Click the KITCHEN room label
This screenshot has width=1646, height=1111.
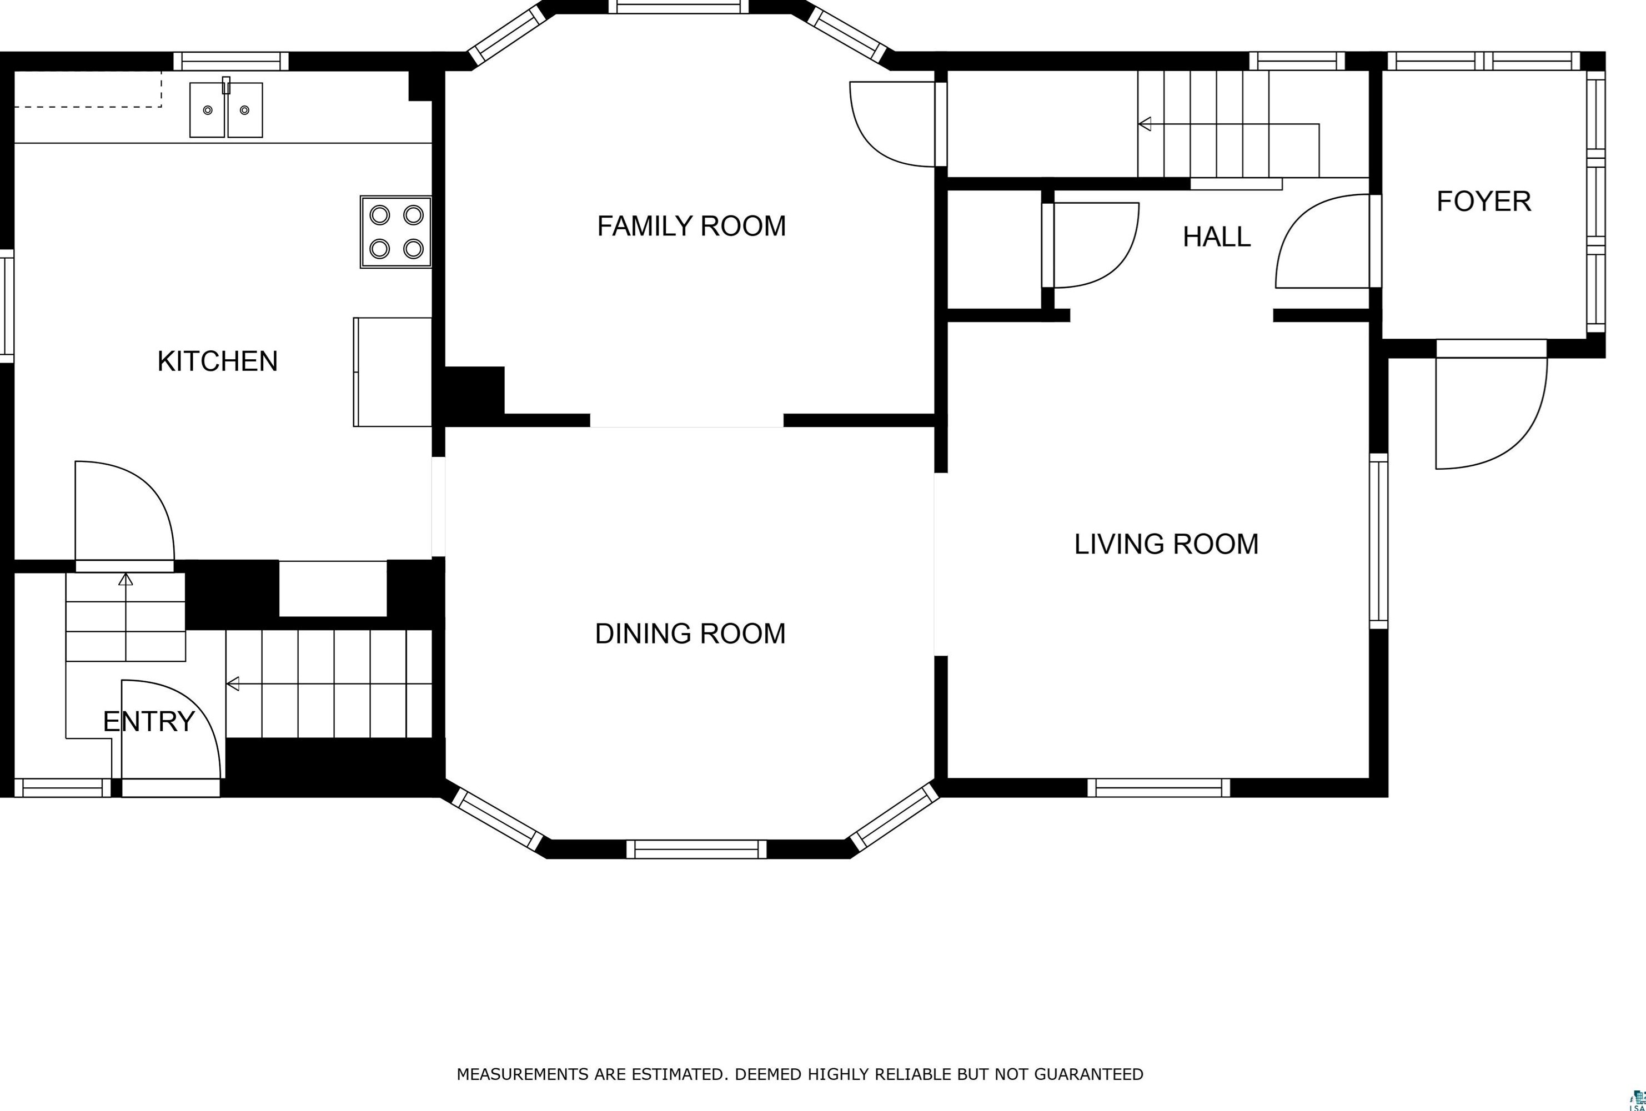(x=218, y=361)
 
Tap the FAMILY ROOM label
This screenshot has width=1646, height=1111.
(x=691, y=226)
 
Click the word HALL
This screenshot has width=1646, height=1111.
(x=1217, y=237)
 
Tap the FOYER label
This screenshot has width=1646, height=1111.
(x=1484, y=201)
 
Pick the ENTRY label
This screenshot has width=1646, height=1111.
(x=149, y=722)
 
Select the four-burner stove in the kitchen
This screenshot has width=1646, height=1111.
(x=396, y=232)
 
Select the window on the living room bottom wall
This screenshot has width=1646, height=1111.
(x=1159, y=787)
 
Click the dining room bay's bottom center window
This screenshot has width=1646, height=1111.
(x=696, y=849)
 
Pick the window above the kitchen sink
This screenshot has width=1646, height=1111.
(x=231, y=62)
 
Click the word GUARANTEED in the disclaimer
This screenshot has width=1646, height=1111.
(x=1088, y=1074)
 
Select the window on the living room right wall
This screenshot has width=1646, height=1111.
(x=1378, y=541)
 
